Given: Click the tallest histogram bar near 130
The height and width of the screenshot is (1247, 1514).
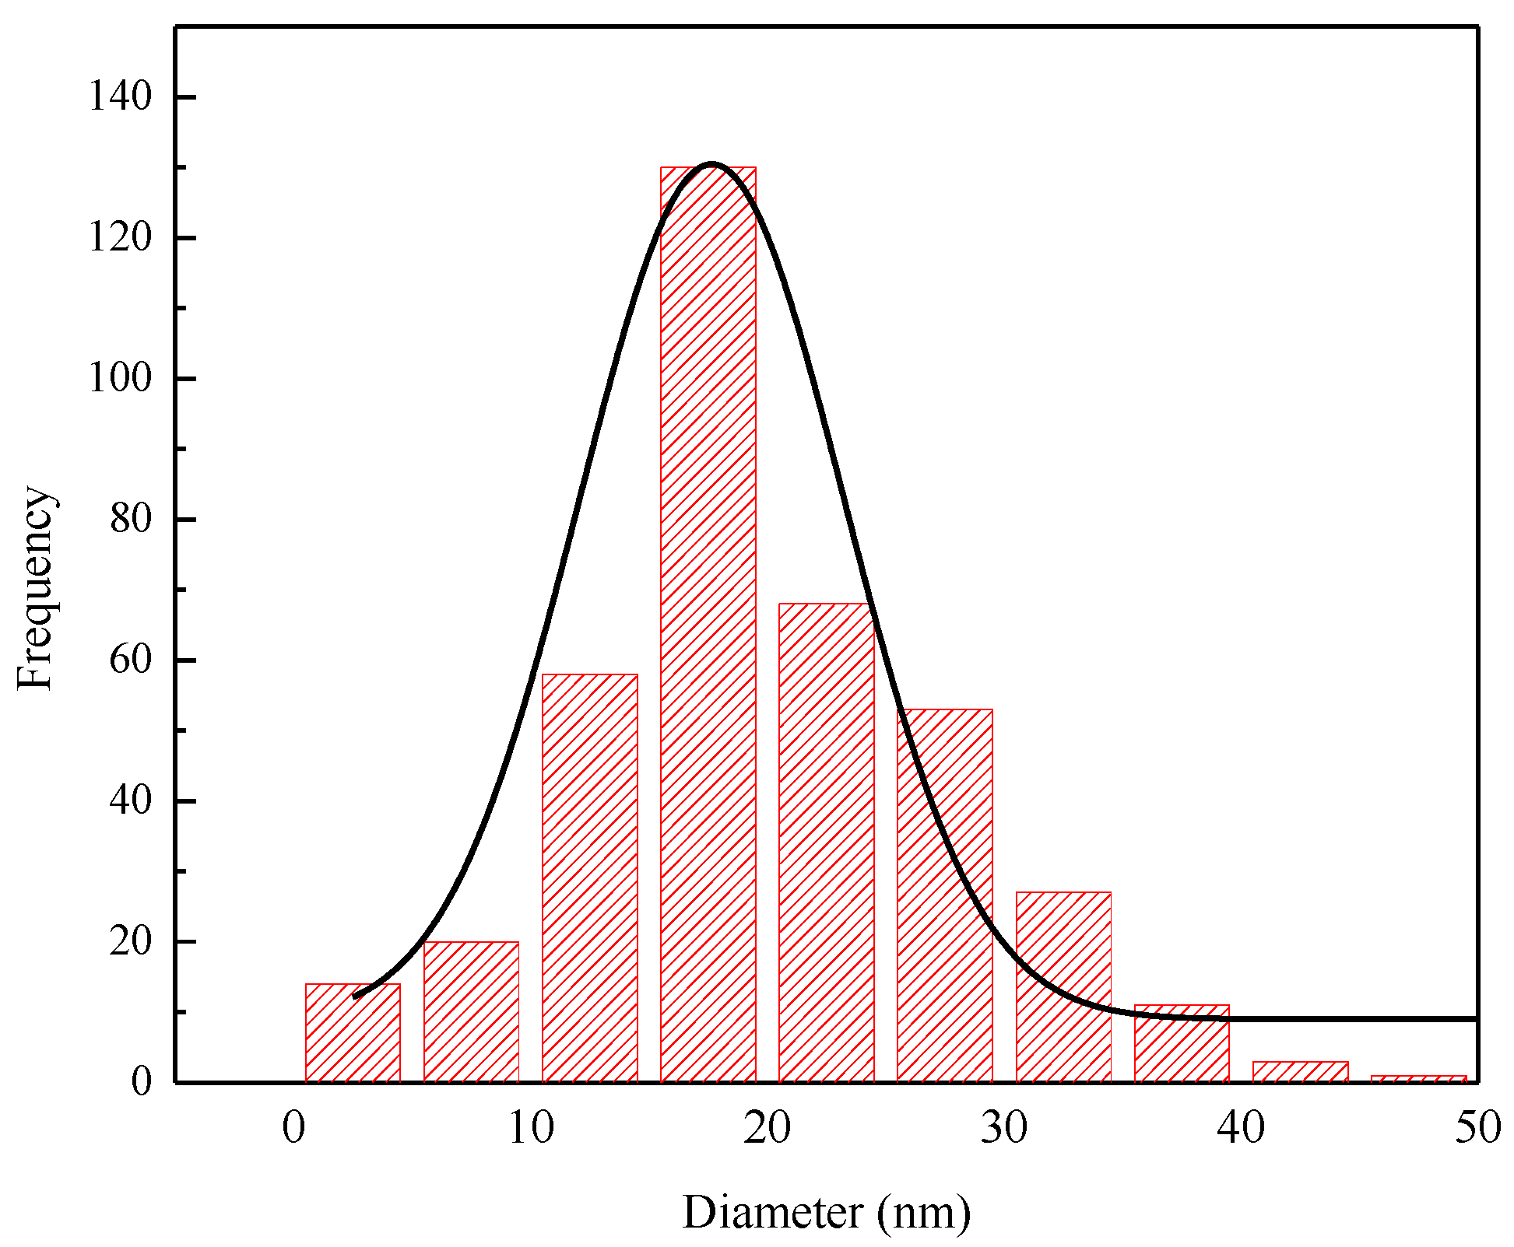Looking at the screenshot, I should pyautogui.click(x=708, y=622).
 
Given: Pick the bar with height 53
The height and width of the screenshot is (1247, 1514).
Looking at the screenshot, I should pyautogui.click(x=944, y=895).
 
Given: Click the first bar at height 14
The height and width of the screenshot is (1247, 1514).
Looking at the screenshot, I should pyautogui.click(x=353, y=1033).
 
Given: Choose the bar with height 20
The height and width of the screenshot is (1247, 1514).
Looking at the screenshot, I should pyautogui.click(x=471, y=1011).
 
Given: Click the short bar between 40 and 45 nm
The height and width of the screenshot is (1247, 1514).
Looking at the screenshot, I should pyautogui.click(x=1300, y=1072).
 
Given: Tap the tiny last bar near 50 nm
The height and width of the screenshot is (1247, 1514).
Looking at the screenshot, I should pyautogui.click(x=1418, y=1079).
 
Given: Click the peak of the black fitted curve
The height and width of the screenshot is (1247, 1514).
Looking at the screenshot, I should pyautogui.click(x=711, y=165).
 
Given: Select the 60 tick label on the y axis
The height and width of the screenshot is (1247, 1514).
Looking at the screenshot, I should pyautogui.click(x=130, y=660).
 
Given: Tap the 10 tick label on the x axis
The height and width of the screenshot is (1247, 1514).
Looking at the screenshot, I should pyautogui.click(x=531, y=1128).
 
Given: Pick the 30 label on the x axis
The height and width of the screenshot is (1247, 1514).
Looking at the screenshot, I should pyautogui.click(x=1004, y=1128).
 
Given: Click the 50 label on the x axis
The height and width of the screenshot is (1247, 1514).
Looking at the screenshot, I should pyautogui.click(x=1477, y=1128).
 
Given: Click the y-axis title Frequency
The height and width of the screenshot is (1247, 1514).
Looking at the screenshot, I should pyautogui.click(x=36, y=588).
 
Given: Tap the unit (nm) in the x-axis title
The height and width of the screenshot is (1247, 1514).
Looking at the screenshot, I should pyautogui.click(x=924, y=1213).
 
